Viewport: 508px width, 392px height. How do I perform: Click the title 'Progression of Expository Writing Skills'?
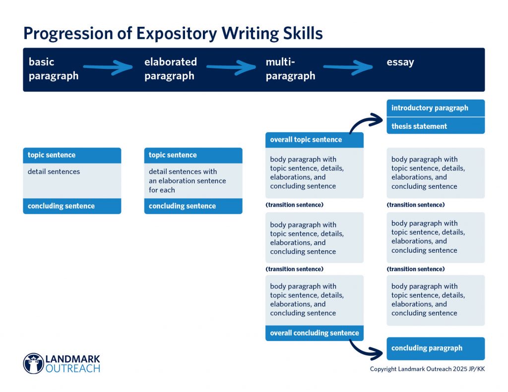pos(173,33)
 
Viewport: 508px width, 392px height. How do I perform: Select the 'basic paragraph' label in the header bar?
pos(54,69)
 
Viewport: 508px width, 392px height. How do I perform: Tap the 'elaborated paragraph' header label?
pos(170,69)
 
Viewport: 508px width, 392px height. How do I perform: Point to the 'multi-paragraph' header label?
pos(290,69)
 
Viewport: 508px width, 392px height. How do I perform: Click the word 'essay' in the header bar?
pos(400,62)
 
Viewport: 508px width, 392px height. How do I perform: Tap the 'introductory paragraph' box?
pos(435,108)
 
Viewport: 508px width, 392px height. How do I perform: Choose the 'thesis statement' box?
pos(435,126)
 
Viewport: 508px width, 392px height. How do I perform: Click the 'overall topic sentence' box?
pos(314,140)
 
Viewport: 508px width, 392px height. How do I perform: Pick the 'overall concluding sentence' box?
pos(314,333)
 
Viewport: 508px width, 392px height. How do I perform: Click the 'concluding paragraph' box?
pos(435,348)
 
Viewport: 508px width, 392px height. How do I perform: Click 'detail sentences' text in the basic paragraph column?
pos(54,172)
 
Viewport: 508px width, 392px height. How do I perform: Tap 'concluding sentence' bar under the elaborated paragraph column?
pos(193,206)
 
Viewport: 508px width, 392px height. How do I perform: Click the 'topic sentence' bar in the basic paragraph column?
pos(72,155)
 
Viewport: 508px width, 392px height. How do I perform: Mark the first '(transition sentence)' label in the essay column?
pos(416,205)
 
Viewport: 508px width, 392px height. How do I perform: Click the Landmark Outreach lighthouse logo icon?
pos(34,363)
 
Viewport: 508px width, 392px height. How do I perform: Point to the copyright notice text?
pos(427,369)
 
